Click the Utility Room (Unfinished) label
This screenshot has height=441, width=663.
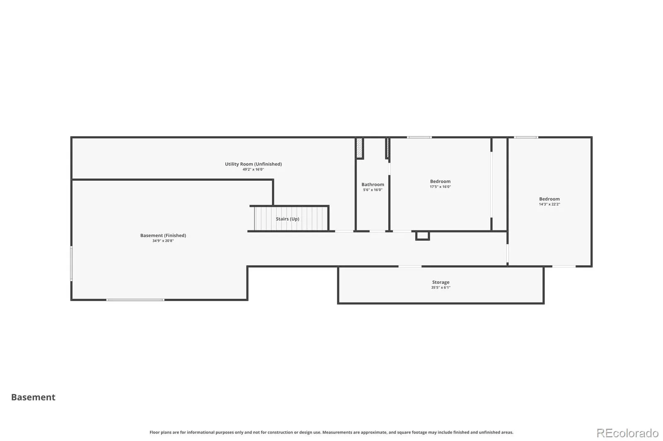point(253,164)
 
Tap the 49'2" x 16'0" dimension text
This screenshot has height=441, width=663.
point(253,169)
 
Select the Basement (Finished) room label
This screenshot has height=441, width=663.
point(163,235)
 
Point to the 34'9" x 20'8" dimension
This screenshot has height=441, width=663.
point(163,241)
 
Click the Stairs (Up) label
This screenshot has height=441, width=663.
point(288,219)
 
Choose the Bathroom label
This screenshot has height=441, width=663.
point(373,185)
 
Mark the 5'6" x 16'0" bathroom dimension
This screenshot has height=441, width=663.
point(373,190)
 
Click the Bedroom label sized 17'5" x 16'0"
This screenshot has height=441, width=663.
point(440,181)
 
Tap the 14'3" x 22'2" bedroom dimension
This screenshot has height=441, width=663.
point(549,204)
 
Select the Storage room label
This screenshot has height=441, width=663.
point(441,282)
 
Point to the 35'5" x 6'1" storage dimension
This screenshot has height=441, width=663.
point(441,287)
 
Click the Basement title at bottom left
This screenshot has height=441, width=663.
point(33,397)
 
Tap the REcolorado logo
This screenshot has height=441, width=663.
point(627,433)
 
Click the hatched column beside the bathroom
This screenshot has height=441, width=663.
point(359,148)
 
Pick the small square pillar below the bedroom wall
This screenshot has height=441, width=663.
point(422,236)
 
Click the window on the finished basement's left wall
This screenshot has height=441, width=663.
point(71,264)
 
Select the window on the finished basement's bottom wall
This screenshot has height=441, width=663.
point(135,300)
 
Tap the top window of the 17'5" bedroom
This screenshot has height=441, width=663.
point(419,137)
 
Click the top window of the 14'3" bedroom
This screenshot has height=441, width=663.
point(526,137)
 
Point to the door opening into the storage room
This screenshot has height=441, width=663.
point(410,266)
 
